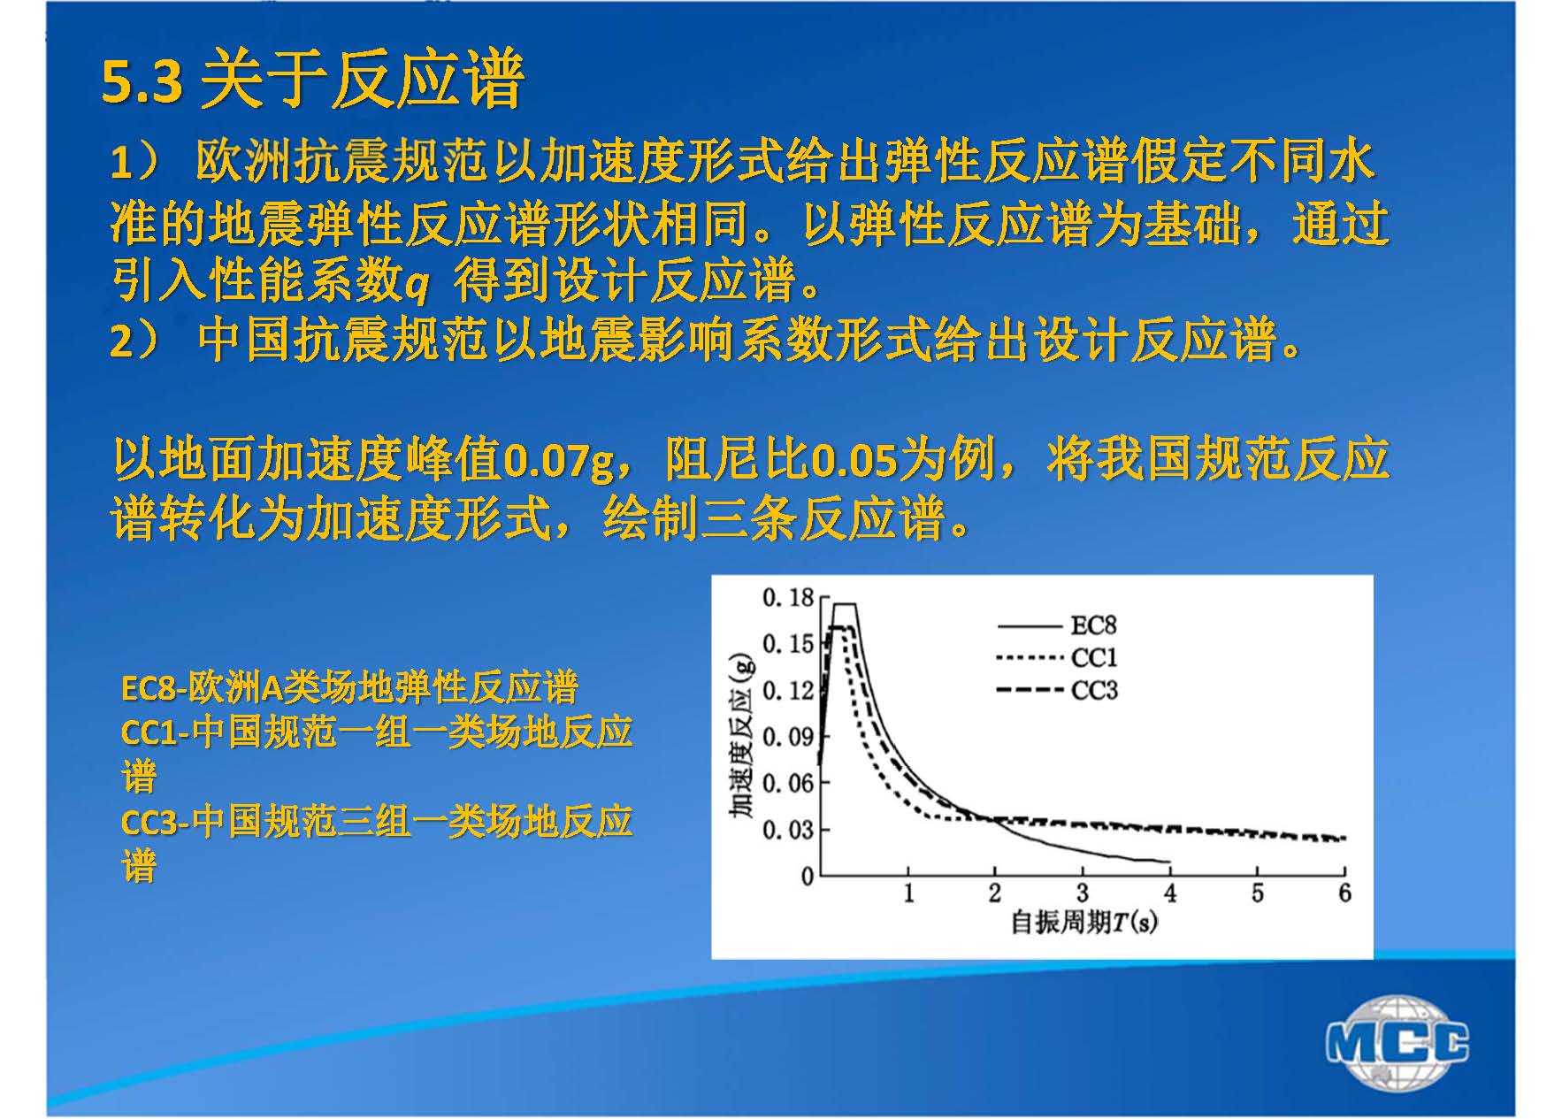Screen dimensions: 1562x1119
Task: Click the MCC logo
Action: [1397, 1042]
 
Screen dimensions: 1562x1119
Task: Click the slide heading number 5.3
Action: [142, 82]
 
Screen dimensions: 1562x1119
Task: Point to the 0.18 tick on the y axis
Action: [787, 599]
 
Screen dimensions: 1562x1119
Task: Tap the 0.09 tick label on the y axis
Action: [787, 737]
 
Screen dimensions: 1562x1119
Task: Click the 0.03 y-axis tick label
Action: [787, 830]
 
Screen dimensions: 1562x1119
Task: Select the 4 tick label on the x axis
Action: [1170, 893]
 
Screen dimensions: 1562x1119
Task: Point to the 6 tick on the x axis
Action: [1344, 893]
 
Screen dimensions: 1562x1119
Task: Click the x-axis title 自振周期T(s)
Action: [1084, 924]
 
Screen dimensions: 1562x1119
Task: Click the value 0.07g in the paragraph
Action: [558, 461]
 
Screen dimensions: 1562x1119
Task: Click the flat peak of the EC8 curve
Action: [844, 604]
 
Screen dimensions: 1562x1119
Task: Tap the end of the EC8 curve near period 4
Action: [1170, 862]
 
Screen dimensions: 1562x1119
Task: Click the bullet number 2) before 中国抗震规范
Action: [134, 341]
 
